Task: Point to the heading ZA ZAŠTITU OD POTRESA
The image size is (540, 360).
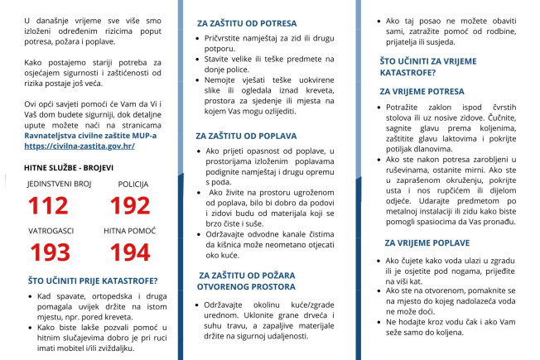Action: (x=246, y=24)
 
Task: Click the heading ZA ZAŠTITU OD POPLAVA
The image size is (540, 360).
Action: (x=247, y=135)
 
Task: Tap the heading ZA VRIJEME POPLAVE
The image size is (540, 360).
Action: (x=427, y=242)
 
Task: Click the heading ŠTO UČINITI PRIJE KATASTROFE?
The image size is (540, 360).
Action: (x=83, y=281)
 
